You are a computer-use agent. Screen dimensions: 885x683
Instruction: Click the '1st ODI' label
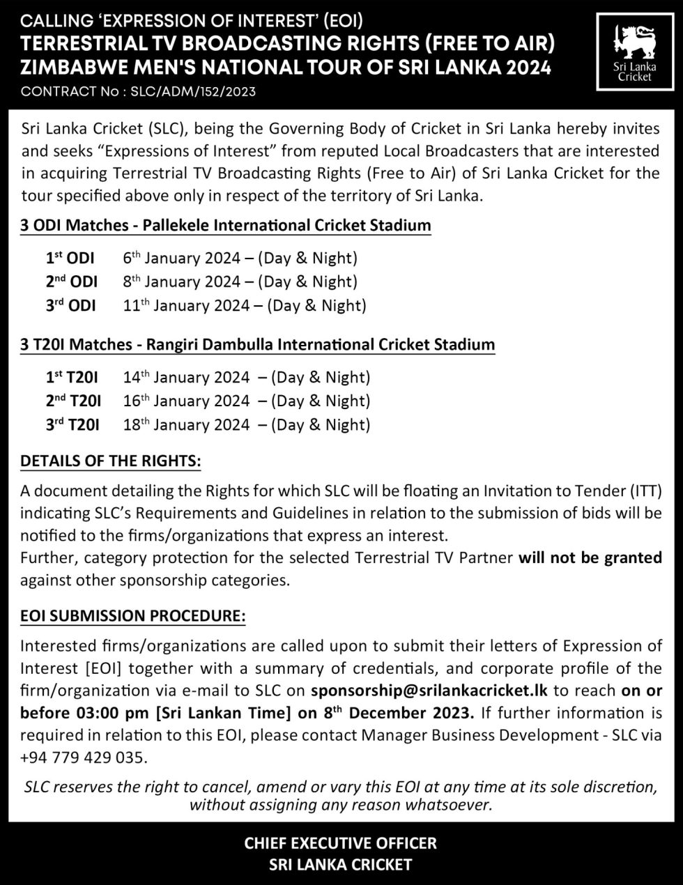70,259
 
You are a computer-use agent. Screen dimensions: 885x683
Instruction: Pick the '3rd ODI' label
71,306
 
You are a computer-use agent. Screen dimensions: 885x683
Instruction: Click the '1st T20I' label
72,378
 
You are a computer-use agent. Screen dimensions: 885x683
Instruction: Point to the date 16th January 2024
186,401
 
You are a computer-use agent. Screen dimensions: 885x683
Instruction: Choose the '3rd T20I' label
72,425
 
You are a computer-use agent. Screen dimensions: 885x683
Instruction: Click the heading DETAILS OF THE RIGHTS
111,461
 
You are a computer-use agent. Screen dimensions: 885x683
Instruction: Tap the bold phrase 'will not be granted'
590,557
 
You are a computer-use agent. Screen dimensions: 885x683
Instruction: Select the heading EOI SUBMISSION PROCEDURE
133,617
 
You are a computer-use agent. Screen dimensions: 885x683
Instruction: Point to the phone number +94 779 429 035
84,757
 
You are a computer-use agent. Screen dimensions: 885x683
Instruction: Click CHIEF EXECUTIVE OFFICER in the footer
341,843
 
